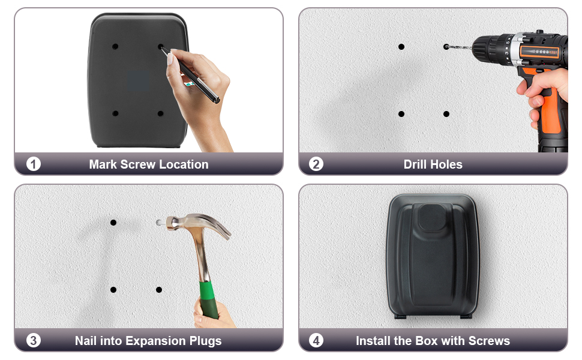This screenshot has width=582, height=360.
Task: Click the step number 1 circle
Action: pos(34,164)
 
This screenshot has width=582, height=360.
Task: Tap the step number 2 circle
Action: pos(316,164)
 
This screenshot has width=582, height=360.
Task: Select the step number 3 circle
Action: pos(34,340)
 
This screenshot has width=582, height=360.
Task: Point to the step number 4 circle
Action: pos(316,340)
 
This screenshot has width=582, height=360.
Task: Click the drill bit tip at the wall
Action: pos(448,46)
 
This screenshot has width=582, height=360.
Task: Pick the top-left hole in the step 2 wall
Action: pos(401,46)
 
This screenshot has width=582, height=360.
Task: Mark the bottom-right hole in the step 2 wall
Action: pos(446,113)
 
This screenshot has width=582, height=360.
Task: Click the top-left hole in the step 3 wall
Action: pos(113,223)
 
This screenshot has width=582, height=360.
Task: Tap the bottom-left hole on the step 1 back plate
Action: pos(115,113)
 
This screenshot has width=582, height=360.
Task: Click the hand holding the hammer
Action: pos(213,314)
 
